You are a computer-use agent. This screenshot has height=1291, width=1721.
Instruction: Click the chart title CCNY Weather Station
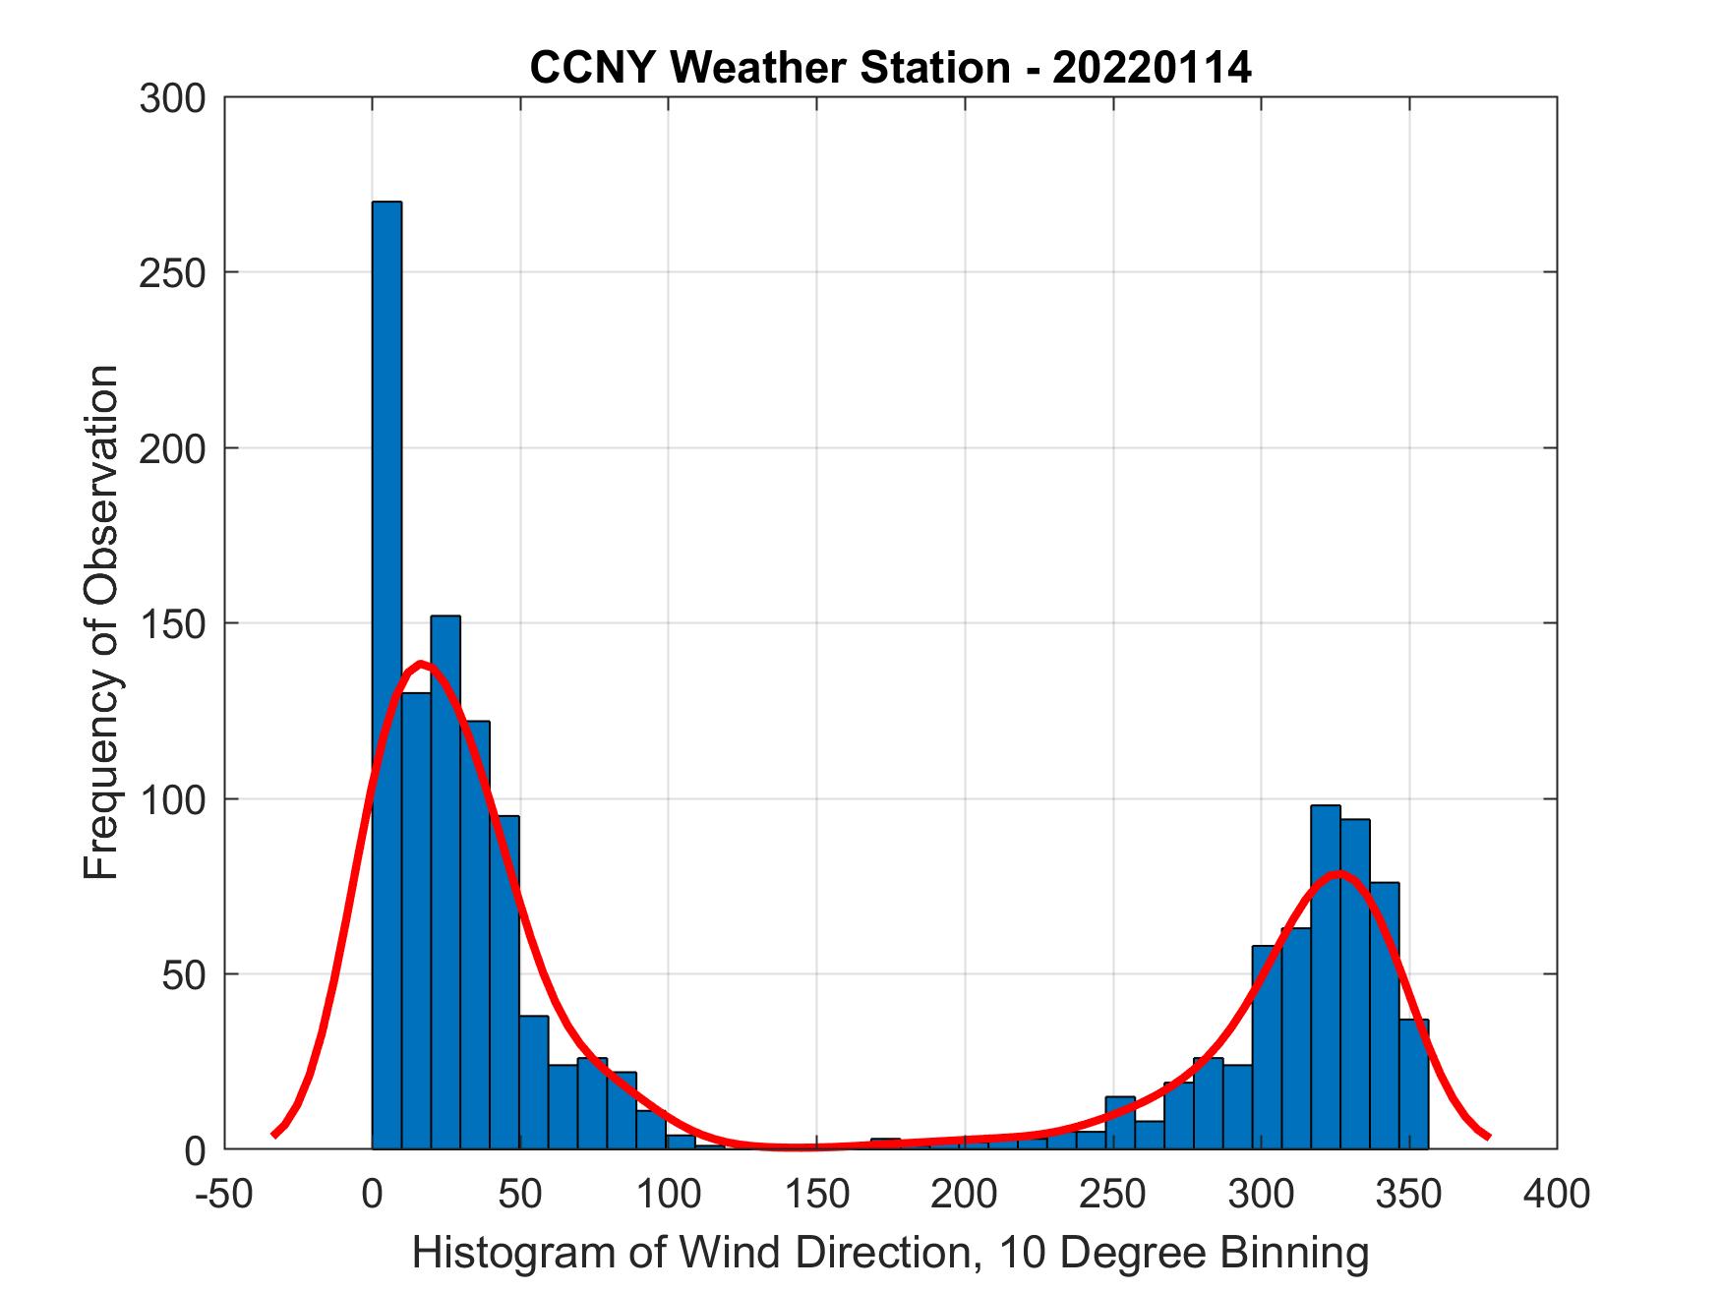(890, 69)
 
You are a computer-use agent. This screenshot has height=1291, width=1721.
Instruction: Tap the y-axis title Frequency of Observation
(101, 622)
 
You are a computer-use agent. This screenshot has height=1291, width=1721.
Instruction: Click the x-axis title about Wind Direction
(890, 1253)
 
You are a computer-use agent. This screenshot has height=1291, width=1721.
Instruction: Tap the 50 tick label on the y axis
(183, 975)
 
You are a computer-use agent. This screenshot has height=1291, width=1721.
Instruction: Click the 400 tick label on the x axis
(1557, 1195)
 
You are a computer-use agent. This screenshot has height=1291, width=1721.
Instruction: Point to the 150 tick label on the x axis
(816, 1195)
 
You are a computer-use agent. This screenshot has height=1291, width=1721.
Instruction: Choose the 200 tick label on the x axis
(965, 1195)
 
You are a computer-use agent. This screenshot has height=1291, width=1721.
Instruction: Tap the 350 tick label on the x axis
(1408, 1195)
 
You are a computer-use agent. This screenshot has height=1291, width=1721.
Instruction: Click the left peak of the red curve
(421, 664)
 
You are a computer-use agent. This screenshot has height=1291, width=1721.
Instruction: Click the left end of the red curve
(274, 1135)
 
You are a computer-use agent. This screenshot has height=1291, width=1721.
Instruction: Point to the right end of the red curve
(1488, 1137)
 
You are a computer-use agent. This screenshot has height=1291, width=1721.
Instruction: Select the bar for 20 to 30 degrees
(445, 885)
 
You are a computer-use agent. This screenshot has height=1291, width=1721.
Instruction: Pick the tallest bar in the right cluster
(1325, 978)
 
